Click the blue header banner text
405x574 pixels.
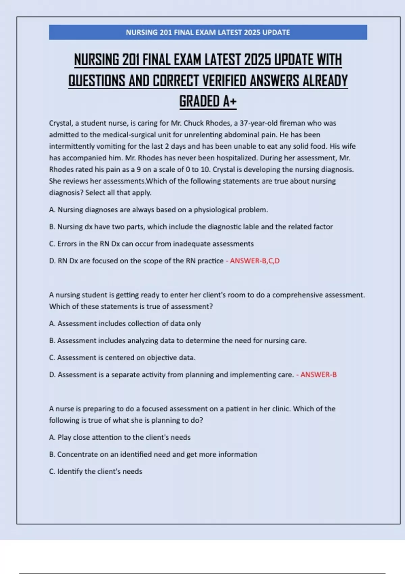coord(208,32)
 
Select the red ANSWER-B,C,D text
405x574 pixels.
coord(254,261)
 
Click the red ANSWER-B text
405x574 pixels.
coord(318,374)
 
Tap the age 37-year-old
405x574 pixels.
coord(259,123)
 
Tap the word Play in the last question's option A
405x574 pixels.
coord(64,437)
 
